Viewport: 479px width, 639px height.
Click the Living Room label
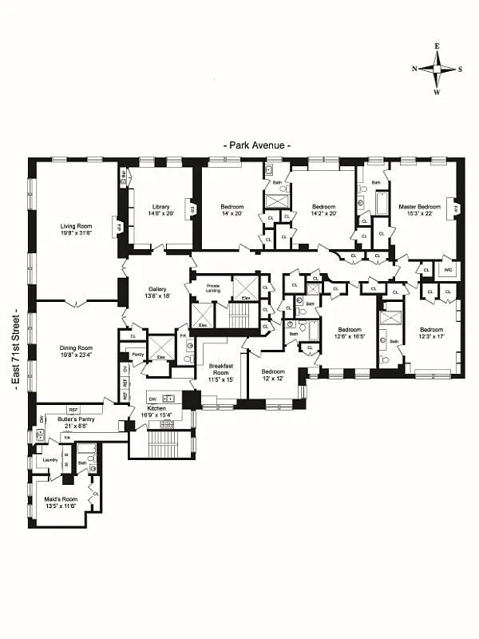pos(77,226)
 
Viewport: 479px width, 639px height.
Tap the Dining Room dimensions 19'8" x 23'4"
pos(77,355)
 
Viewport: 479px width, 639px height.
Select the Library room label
pos(160,208)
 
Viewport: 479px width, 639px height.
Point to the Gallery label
pos(156,289)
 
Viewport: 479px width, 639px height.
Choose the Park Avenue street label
pos(256,145)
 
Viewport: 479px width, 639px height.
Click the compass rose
pos(437,69)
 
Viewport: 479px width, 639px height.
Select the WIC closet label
pos(447,270)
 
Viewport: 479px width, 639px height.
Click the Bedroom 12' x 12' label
pos(273,371)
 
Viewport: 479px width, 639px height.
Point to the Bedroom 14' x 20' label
pos(232,207)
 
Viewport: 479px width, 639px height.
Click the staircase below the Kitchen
pos(162,443)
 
